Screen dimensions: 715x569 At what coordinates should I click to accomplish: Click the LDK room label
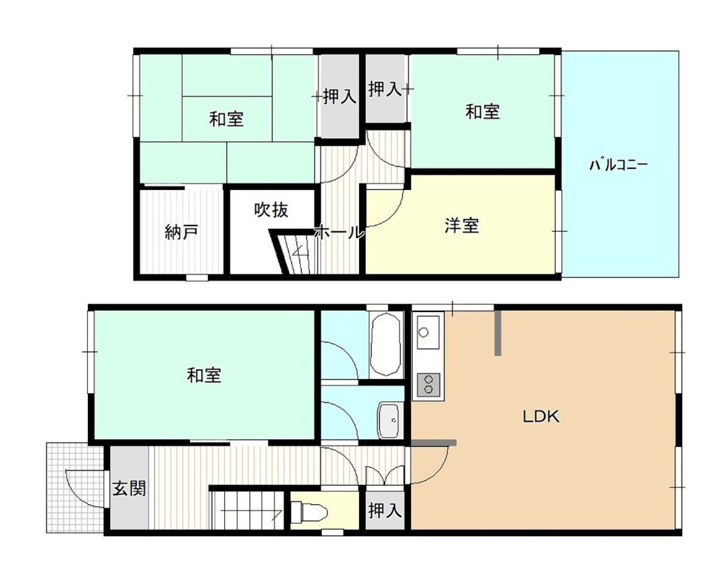click(540, 416)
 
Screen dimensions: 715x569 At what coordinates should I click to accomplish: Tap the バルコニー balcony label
click(619, 165)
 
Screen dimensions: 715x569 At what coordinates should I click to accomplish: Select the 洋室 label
click(462, 226)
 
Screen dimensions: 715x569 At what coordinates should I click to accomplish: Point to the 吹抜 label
click(272, 209)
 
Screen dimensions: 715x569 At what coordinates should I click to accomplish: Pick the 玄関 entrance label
click(129, 488)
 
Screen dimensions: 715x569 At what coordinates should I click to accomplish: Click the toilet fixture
click(309, 512)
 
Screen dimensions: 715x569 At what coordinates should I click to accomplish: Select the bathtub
click(385, 345)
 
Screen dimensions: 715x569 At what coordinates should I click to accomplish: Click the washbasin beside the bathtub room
click(389, 421)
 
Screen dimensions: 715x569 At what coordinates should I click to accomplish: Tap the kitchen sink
click(428, 332)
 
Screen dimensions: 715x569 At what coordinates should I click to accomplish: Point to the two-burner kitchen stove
click(429, 384)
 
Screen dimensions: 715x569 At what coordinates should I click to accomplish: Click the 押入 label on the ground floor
click(385, 510)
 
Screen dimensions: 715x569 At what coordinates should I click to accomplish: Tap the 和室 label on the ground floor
click(205, 375)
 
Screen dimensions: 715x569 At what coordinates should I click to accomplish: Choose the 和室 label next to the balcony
click(482, 111)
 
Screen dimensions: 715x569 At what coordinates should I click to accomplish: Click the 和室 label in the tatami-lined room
click(226, 119)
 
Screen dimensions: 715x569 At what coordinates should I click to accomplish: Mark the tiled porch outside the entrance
click(75, 487)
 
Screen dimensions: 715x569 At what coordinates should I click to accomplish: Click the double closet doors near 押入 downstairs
click(385, 475)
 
